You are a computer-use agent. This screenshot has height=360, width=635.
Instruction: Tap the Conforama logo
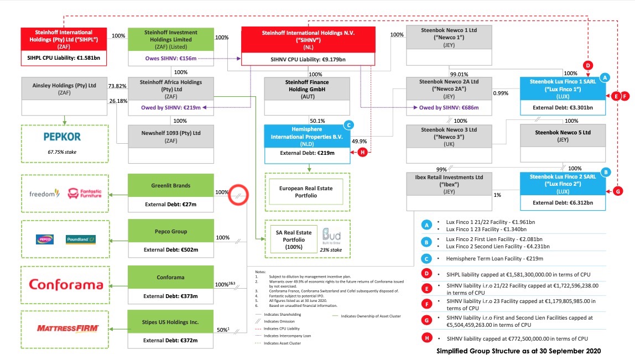(x=66, y=285)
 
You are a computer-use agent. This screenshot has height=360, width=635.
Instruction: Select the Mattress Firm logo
(x=67, y=328)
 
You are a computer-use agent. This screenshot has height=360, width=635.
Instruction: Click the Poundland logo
(x=81, y=239)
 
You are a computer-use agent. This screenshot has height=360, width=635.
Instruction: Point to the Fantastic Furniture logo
(x=85, y=194)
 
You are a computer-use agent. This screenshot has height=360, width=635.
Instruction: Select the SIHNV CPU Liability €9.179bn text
(x=308, y=59)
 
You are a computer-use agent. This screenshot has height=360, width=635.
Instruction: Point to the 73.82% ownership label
(x=118, y=86)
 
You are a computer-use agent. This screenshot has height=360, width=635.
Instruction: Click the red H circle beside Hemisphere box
(x=362, y=153)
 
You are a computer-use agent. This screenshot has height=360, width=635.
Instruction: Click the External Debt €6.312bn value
(x=563, y=203)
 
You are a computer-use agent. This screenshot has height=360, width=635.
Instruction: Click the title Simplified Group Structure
(x=518, y=351)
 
